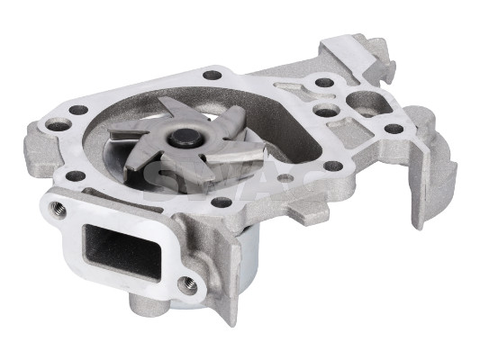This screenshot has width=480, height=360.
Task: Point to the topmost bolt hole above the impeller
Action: tap(213, 75)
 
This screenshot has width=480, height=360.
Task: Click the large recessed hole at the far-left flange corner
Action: tap(59, 126)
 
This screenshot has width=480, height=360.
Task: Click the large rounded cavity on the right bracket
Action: tap(367, 98)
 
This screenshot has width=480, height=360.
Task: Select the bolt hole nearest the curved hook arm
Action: tap(394, 129)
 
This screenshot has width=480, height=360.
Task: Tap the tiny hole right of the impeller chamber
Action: tap(286, 176)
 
